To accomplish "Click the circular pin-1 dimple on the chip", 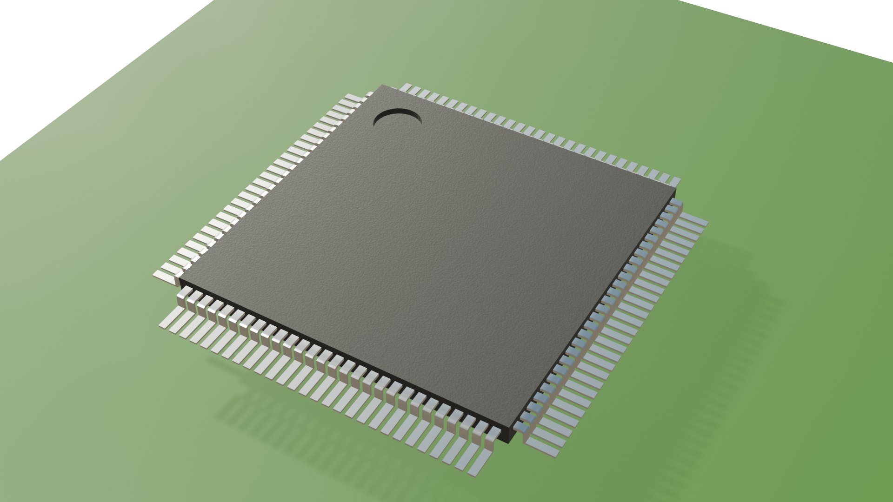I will coord(398,120).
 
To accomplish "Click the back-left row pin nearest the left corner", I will coord(165,274).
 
